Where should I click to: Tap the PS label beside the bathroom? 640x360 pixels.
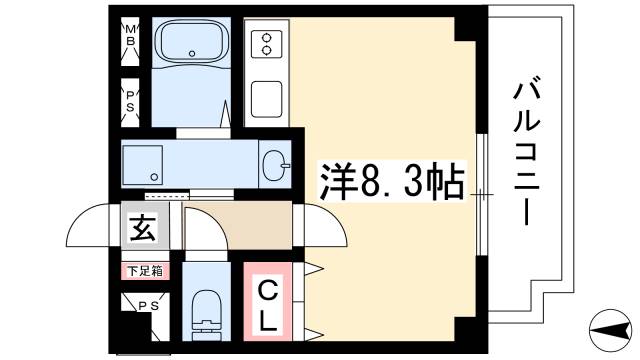130,99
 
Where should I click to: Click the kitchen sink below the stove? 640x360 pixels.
267,98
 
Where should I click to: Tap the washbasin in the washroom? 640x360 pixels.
274,164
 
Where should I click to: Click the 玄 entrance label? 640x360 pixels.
141,229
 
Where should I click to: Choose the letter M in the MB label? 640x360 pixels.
130,30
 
